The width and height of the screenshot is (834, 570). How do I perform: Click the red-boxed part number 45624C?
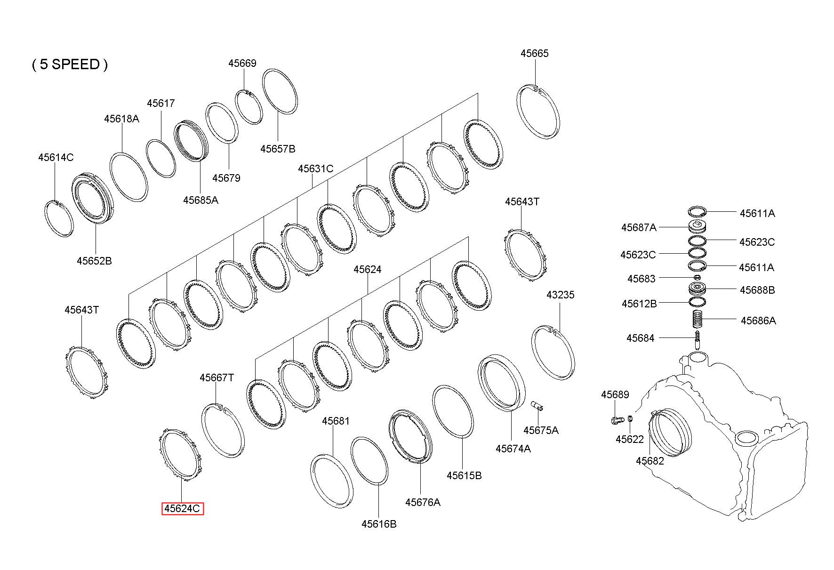click(x=182, y=508)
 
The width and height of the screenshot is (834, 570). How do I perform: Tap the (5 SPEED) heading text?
click(x=70, y=64)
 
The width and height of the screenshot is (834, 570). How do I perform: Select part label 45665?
click(x=534, y=53)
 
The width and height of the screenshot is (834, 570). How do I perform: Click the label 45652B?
click(x=94, y=260)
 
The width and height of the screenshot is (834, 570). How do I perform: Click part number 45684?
click(x=640, y=338)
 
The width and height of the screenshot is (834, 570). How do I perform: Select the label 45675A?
click(x=541, y=430)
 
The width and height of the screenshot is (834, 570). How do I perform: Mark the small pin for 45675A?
click(x=536, y=405)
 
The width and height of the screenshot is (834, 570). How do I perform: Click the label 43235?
click(x=560, y=295)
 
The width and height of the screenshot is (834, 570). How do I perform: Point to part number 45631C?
click(x=315, y=169)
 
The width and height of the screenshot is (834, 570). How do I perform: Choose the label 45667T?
click(x=217, y=377)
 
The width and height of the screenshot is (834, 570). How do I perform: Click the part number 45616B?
click(x=379, y=524)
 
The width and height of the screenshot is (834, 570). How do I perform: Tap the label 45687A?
click(x=638, y=228)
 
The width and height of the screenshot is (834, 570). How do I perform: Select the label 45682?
click(x=650, y=461)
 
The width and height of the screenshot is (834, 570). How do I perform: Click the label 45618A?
click(x=121, y=119)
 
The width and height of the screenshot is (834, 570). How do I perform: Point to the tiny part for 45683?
click(x=697, y=278)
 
